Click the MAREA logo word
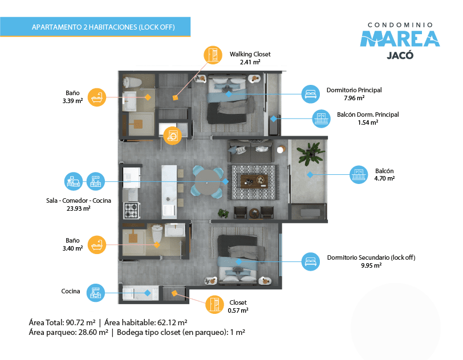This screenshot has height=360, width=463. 400,38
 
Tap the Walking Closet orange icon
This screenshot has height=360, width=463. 213,55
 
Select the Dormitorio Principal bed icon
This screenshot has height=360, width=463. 311,94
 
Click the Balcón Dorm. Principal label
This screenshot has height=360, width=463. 368,114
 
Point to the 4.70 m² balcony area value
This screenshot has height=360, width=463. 384,178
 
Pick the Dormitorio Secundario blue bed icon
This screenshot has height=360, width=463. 311,261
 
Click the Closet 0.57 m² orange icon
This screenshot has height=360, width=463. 214,304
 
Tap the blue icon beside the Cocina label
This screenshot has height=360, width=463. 96,293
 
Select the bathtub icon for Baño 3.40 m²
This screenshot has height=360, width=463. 97,244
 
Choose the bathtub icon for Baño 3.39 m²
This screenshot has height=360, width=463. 97,97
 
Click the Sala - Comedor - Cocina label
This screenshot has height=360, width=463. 79,201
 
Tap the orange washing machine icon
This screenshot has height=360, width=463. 172,136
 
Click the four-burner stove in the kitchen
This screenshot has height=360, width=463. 131,210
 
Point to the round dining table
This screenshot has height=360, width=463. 208,182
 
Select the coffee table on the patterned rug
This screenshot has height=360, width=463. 254,181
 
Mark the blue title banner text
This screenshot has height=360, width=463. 103,27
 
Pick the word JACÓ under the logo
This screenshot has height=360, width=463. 400,55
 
